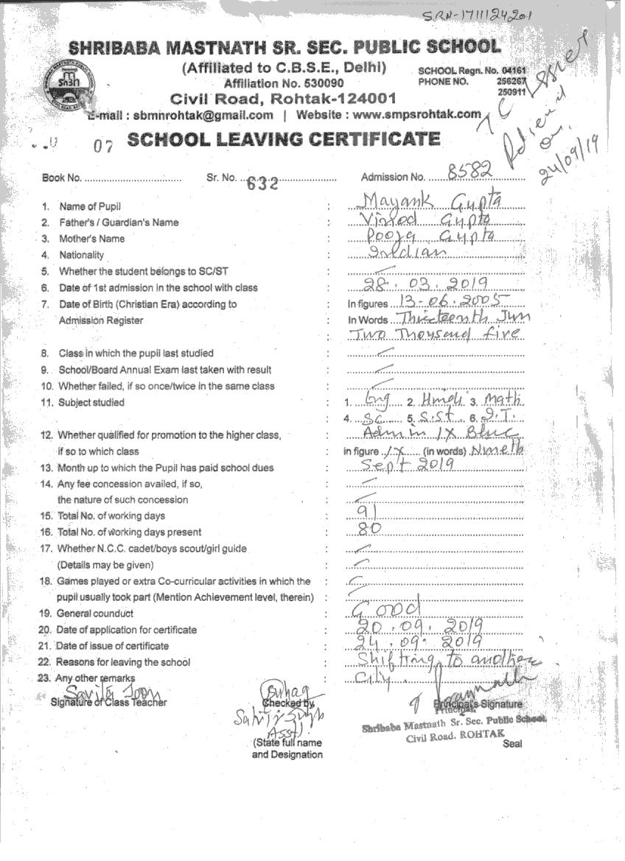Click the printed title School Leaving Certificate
tap(284, 138)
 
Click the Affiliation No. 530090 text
tap(283, 83)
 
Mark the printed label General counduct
tap(95, 613)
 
